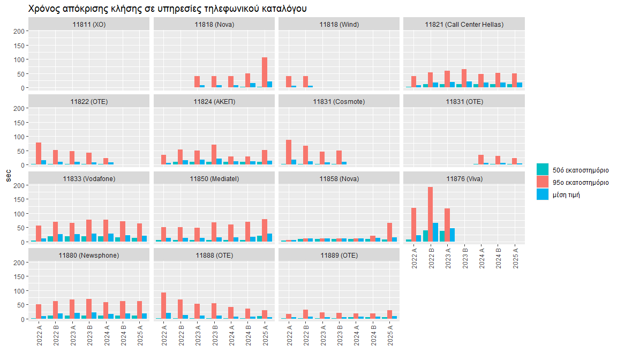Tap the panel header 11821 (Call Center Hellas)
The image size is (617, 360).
pos(464,25)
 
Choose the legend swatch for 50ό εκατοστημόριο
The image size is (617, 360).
pos(543,170)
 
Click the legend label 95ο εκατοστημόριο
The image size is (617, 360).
pos(582,183)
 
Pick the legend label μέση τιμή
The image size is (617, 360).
pos(569,195)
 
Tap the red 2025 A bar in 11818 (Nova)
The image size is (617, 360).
pos(265,72)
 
